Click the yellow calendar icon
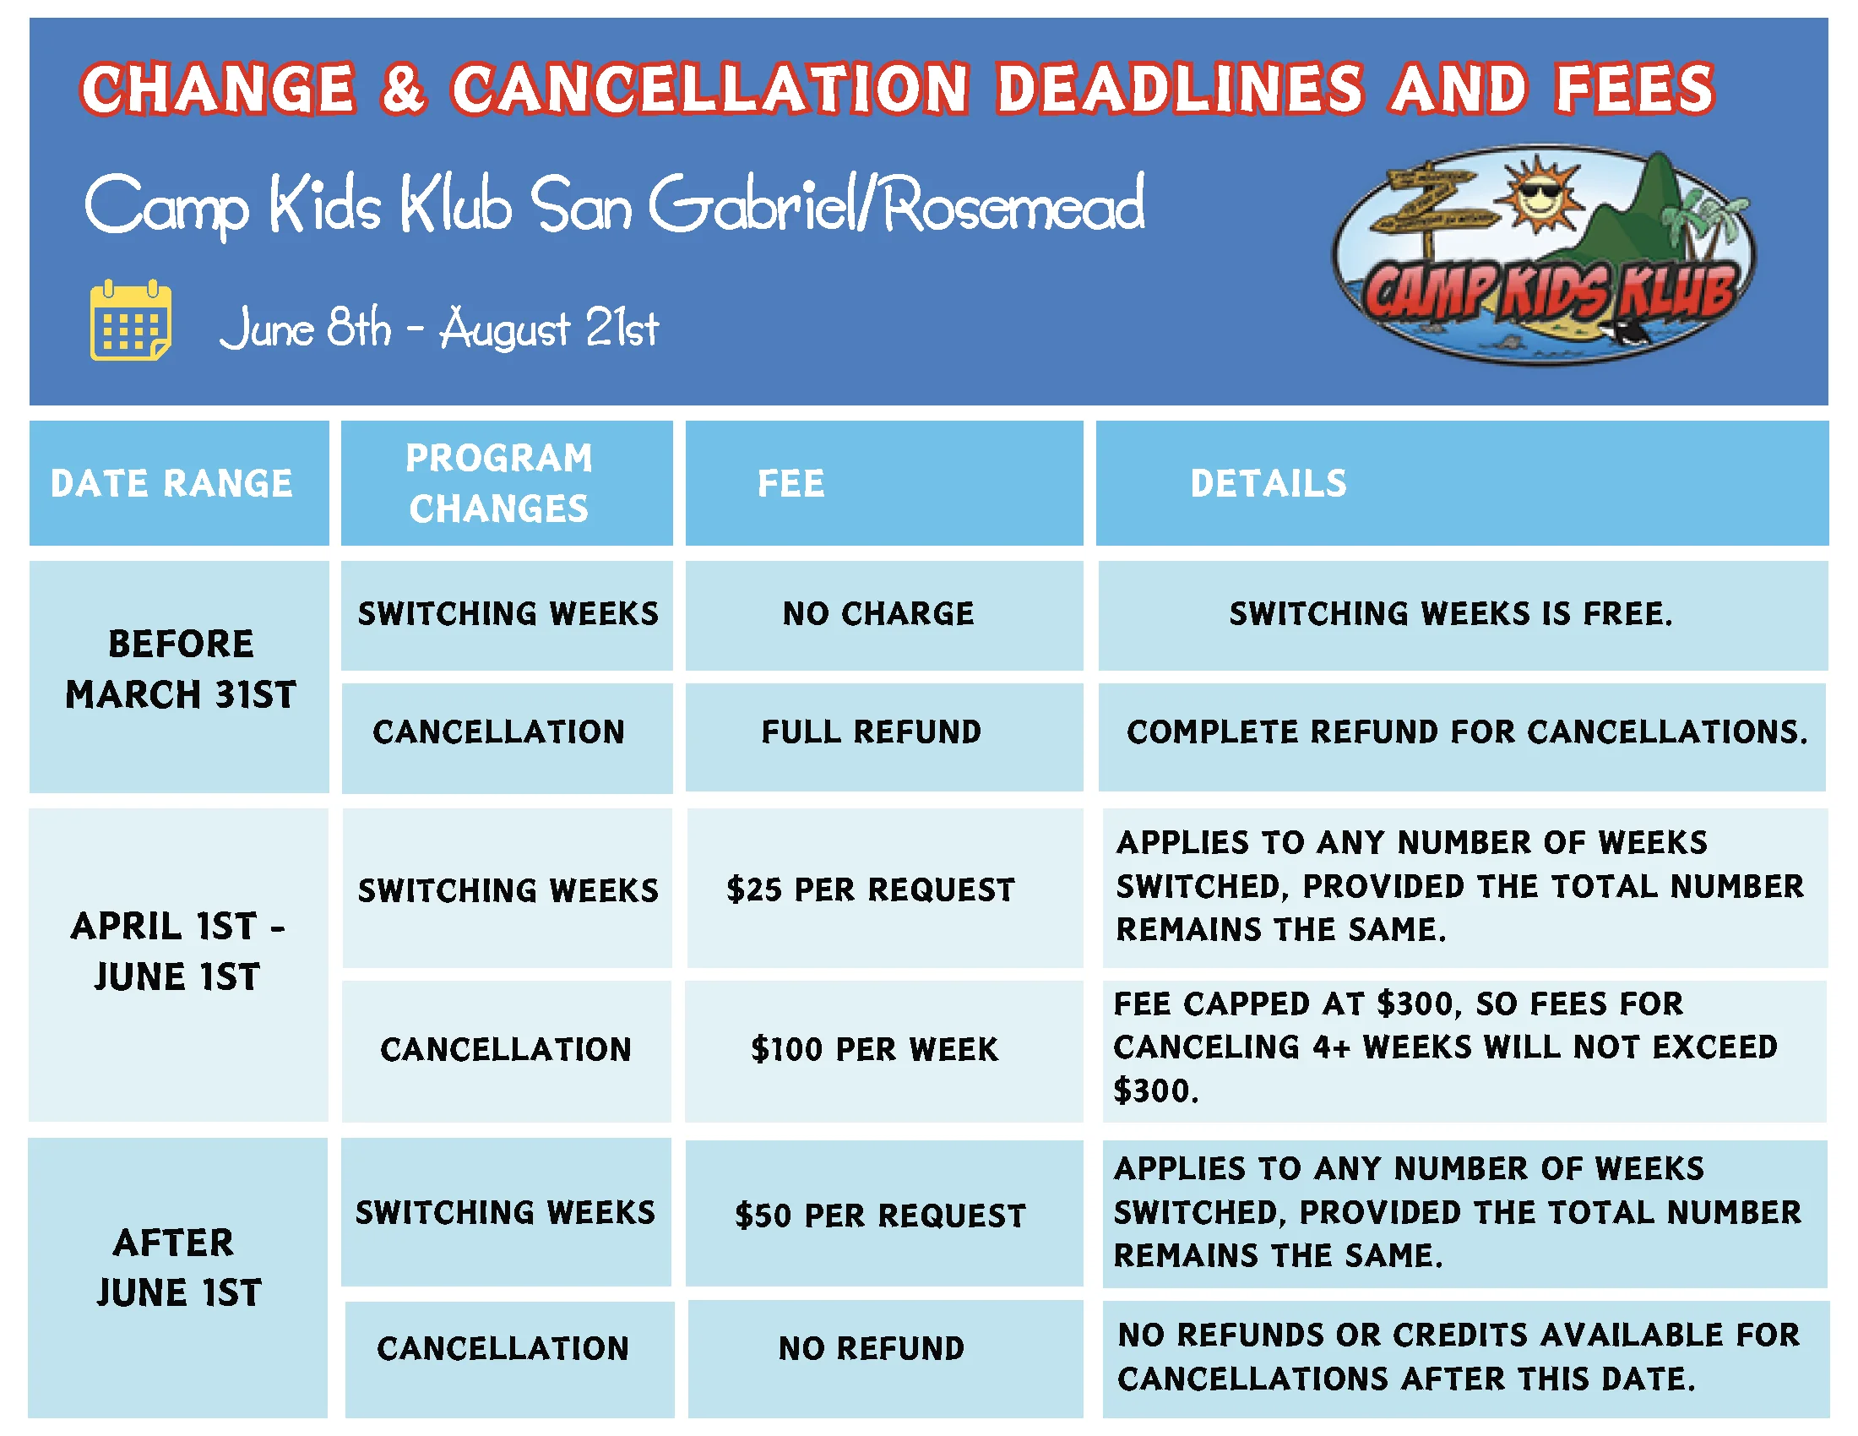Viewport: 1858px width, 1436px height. point(131,320)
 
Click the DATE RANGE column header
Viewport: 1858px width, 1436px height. point(171,483)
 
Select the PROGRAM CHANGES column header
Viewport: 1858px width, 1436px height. point(499,483)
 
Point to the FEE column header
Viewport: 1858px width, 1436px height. point(791,483)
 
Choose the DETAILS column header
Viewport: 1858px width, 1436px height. point(1269,483)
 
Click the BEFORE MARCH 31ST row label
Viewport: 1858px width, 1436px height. point(181,670)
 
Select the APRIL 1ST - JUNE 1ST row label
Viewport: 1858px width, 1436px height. point(177,951)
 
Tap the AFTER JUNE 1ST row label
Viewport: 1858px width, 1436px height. point(178,1268)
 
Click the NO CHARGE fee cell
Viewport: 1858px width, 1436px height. point(878,613)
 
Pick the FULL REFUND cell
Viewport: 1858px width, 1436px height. point(872,732)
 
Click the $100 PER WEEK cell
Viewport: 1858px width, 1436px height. point(875,1049)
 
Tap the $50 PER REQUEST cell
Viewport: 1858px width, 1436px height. point(881,1215)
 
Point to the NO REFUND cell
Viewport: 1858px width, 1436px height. point(872,1348)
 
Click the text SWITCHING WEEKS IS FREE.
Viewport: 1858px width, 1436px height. point(1451,613)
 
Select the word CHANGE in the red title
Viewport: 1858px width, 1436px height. point(218,89)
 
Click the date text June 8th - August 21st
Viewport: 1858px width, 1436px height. point(439,329)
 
